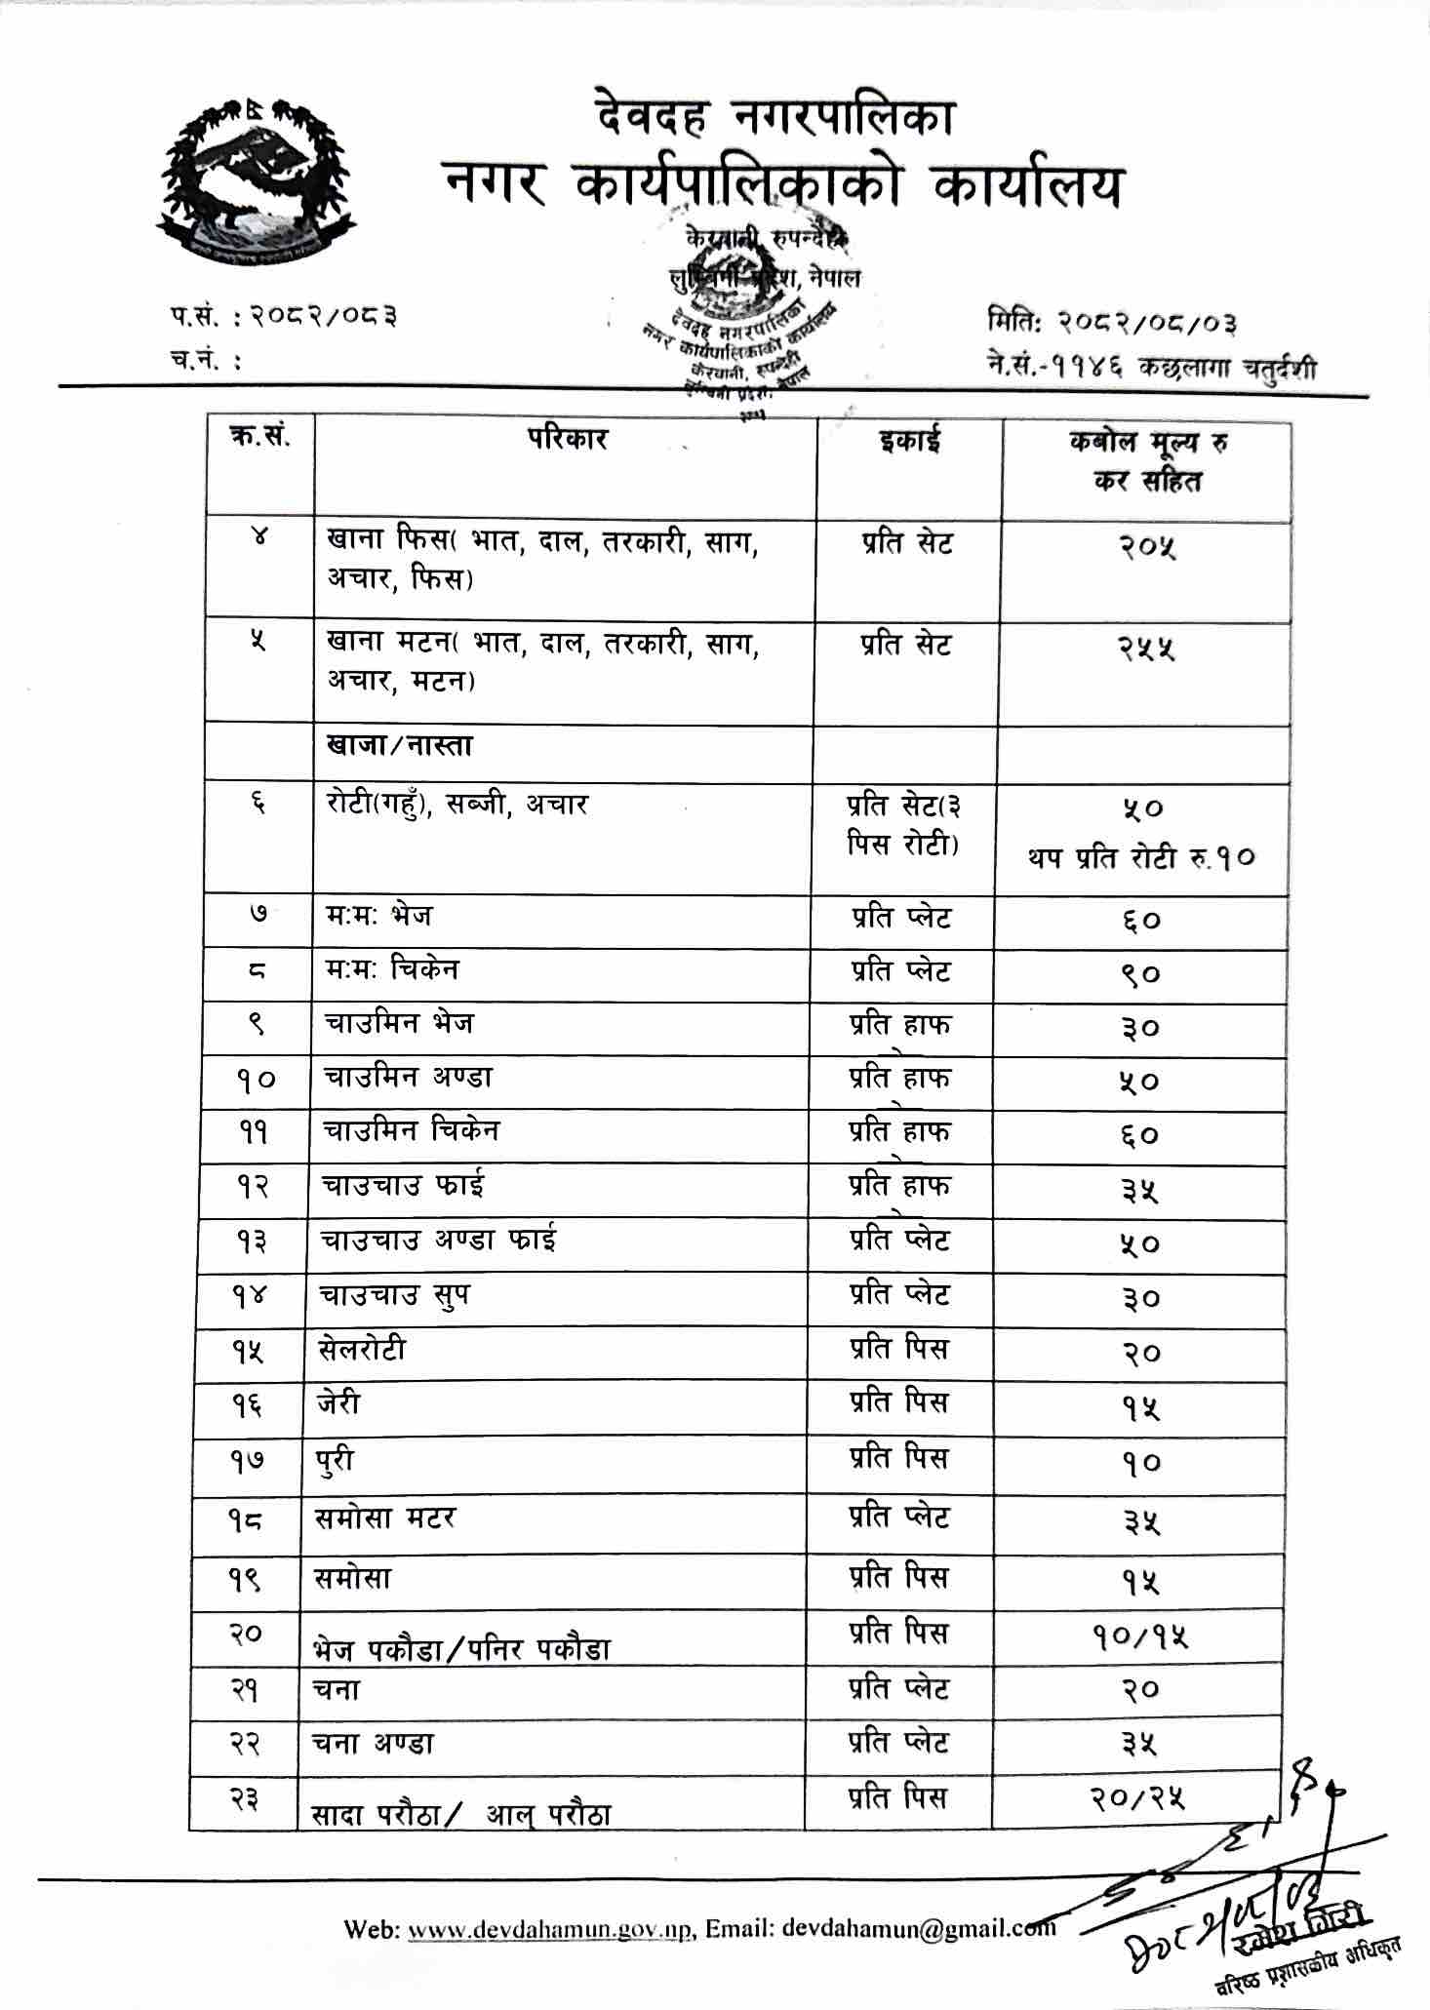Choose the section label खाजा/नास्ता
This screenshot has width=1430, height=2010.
(400, 747)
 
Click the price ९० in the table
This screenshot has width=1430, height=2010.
(1140, 974)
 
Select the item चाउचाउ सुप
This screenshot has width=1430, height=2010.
(395, 1296)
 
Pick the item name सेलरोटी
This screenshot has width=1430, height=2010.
(362, 1350)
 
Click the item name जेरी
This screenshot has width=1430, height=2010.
(338, 1403)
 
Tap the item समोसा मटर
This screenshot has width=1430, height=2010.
(385, 1518)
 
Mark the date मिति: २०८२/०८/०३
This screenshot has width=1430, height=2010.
(1112, 323)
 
